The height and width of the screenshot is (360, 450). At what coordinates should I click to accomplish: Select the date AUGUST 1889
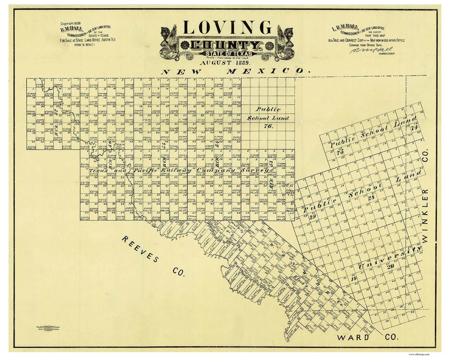point(225,62)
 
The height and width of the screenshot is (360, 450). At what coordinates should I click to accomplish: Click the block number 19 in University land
point(353,278)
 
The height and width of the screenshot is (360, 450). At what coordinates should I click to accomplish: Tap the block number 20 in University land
point(390,267)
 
